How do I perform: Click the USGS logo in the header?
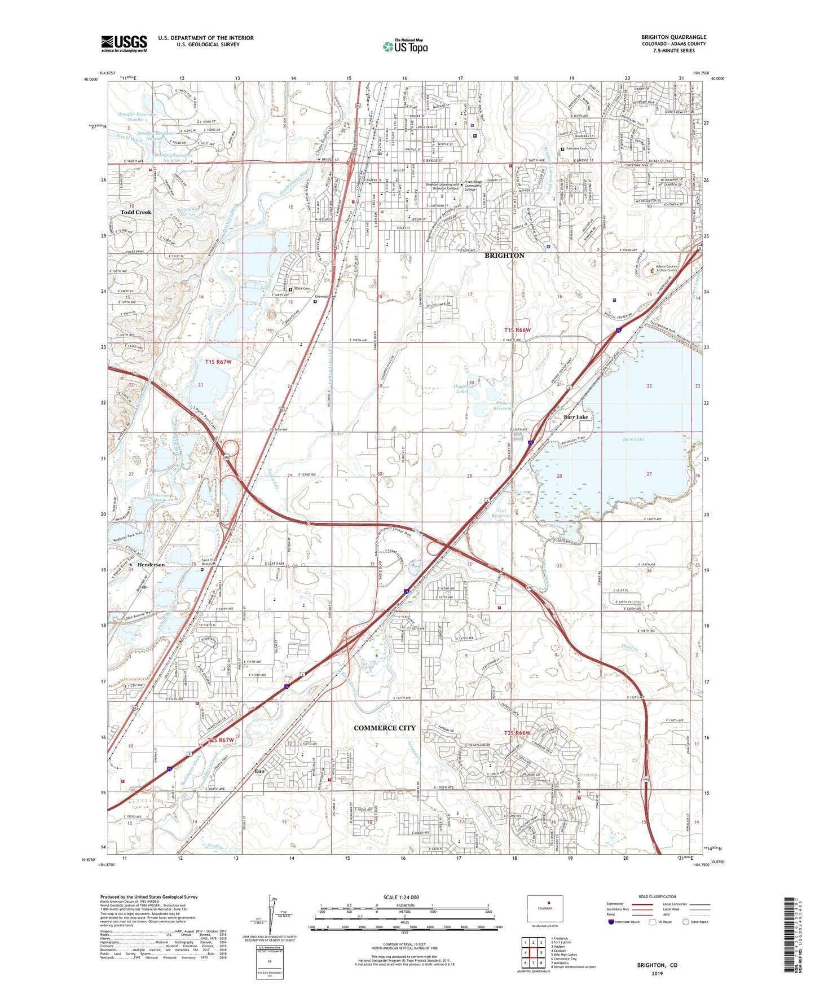click(124, 43)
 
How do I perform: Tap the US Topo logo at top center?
click(405, 46)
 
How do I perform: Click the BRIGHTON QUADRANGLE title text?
click(673, 37)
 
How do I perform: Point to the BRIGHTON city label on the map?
click(504, 256)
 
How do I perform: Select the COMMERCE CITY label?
click(384, 728)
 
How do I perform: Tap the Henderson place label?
click(151, 565)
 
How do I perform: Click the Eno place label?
click(259, 771)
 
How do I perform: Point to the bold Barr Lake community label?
click(576, 417)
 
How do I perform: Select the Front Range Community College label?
click(473, 186)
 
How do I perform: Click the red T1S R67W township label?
click(218, 362)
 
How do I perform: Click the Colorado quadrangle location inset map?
click(544, 908)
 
